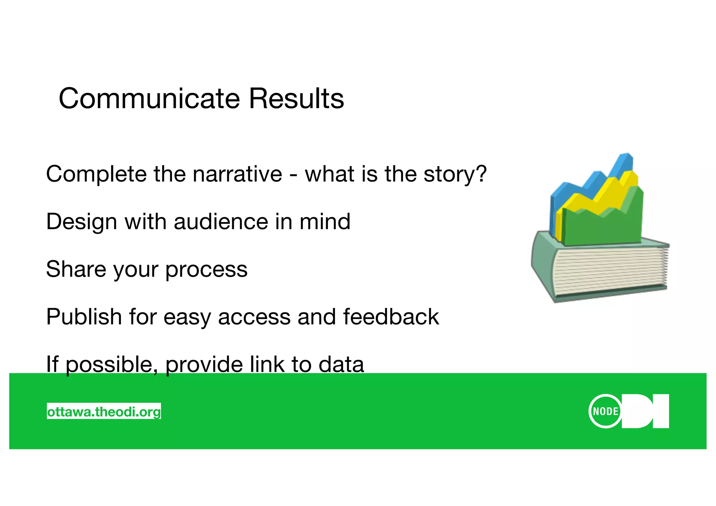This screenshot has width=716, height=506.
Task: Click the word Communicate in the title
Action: [x=149, y=99]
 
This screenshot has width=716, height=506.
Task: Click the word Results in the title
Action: [x=296, y=99]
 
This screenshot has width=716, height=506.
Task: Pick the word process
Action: [x=206, y=270]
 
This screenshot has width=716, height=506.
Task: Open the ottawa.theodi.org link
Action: [x=104, y=412]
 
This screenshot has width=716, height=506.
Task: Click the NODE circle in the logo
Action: [x=605, y=411]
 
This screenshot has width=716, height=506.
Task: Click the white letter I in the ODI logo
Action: [x=661, y=411]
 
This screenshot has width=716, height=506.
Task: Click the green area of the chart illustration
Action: [x=605, y=227]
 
